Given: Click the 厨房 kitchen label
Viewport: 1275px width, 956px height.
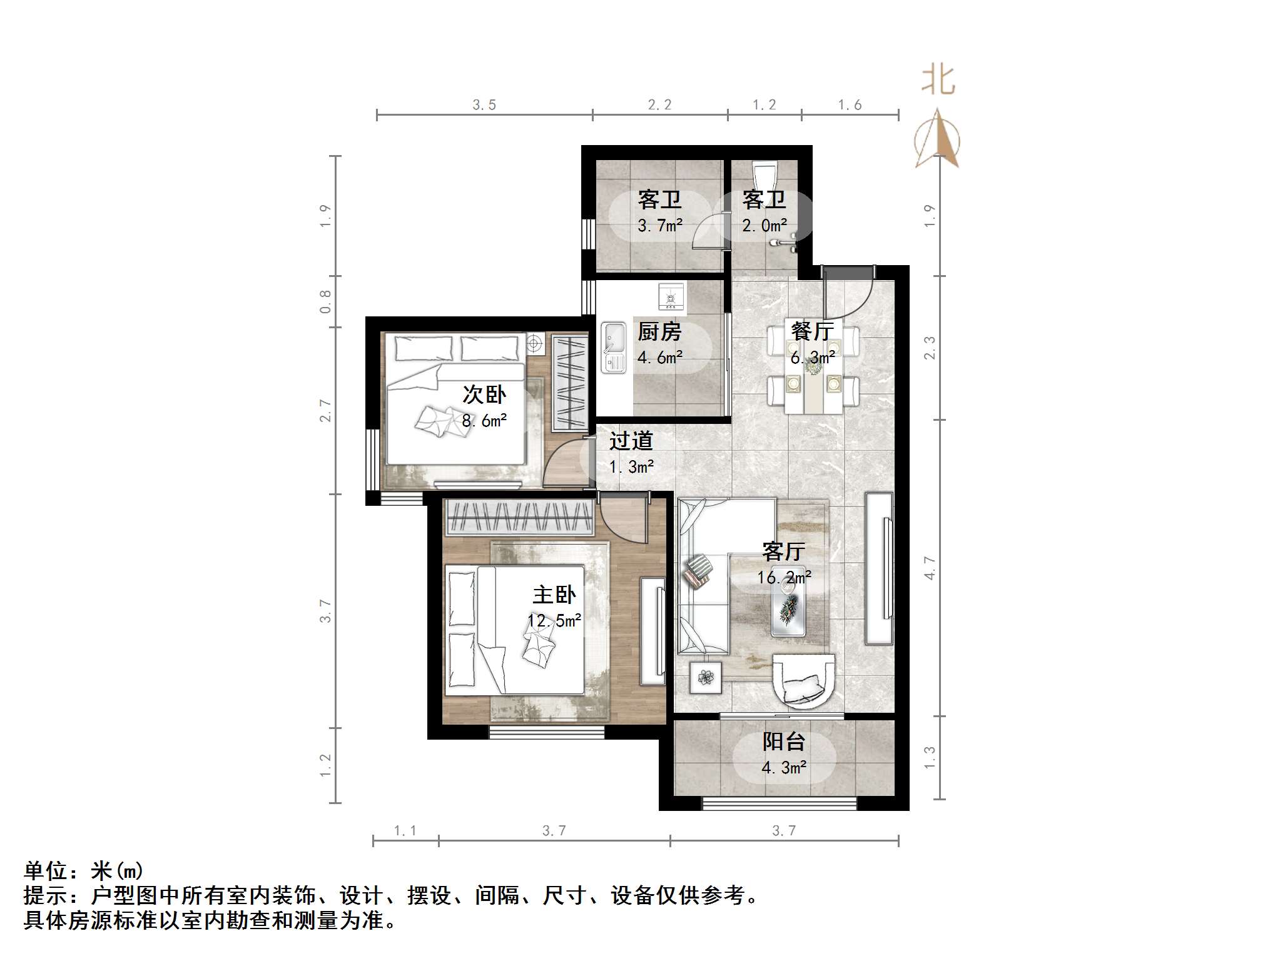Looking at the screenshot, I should click(x=659, y=332).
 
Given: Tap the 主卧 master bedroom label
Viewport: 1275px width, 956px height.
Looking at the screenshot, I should click(x=554, y=595).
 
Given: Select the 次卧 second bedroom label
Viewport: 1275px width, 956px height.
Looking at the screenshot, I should click(x=484, y=395).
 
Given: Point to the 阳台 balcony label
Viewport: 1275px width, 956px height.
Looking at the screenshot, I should click(x=783, y=742).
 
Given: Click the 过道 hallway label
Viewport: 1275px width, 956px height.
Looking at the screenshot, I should click(x=631, y=441).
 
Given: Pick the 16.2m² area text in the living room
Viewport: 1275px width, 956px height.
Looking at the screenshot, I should click(x=784, y=577).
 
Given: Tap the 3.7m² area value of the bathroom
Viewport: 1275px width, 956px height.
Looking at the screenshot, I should click(x=659, y=225).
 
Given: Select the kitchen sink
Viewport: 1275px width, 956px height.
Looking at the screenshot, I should click(x=614, y=347).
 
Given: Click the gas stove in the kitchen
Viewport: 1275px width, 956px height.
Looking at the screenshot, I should click(x=671, y=296).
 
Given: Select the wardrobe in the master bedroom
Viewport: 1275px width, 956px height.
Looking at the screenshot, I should click(x=519, y=518).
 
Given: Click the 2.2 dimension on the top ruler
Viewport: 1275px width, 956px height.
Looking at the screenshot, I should click(x=659, y=105).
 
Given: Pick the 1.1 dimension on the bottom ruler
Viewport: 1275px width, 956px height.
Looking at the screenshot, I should click(x=405, y=831).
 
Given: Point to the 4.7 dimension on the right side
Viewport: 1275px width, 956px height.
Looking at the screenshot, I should click(x=930, y=568).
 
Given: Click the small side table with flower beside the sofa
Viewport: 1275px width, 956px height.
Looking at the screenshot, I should click(x=706, y=677).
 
